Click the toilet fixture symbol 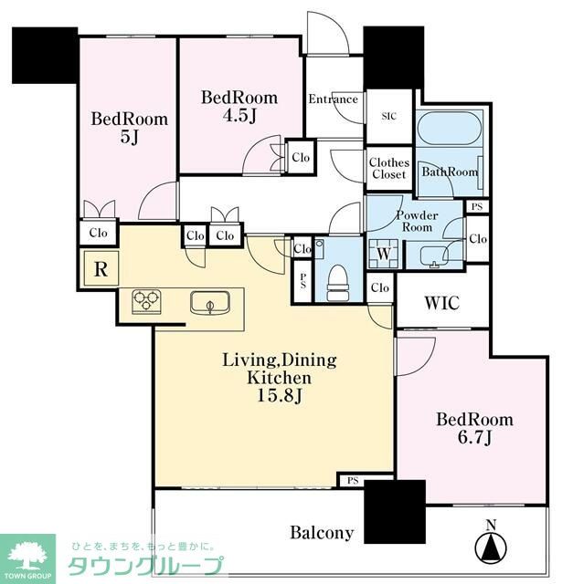pyautogui.click(x=338, y=282)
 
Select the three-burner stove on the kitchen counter pyautogui.click(x=146, y=301)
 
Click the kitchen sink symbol pyautogui.click(x=209, y=302)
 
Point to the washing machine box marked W pyautogui.click(x=384, y=254)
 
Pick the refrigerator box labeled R pyautogui.click(x=101, y=268)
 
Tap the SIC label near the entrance pyautogui.click(x=388, y=116)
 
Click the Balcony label pyautogui.click(x=322, y=533)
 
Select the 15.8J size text pyautogui.click(x=280, y=395)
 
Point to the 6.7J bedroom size pyautogui.click(x=474, y=438)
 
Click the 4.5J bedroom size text pyautogui.click(x=239, y=116)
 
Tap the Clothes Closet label pyautogui.click(x=388, y=168)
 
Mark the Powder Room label pyautogui.click(x=417, y=221)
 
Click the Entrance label pyautogui.click(x=334, y=99)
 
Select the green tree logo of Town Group pyautogui.click(x=27, y=558)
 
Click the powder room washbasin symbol pyautogui.click(x=434, y=257)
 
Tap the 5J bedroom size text pyautogui.click(x=130, y=138)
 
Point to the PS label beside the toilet pyautogui.click(x=302, y=280)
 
